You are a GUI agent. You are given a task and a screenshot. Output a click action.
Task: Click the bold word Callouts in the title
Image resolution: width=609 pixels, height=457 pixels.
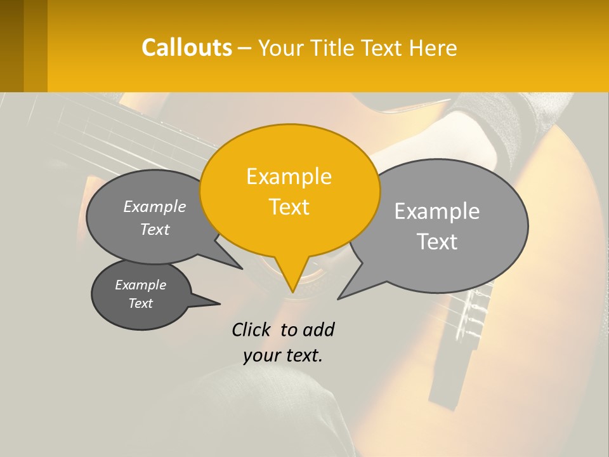[187, 48]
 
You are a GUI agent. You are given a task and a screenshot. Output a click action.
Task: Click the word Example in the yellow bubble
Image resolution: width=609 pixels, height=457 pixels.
[289, 176]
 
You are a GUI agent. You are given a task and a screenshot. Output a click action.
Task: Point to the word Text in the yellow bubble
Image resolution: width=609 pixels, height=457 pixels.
[289, 207]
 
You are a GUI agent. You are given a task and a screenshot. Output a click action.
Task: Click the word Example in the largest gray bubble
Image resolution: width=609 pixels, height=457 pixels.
[437, 211]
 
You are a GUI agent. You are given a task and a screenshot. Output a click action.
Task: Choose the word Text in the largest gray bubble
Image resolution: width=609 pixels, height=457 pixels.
[437, 242]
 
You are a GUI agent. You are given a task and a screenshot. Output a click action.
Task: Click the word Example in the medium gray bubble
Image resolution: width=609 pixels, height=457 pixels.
[155, 206]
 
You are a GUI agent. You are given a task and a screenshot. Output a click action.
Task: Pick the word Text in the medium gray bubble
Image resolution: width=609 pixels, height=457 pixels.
[155, 229]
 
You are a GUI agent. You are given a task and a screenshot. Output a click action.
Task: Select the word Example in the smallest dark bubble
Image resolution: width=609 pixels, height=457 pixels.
[140, 285]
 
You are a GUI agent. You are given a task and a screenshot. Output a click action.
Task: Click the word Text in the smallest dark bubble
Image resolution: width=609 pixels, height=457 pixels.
[140, 303]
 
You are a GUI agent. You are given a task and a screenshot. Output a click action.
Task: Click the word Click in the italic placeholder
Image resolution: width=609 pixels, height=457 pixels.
[251, 329]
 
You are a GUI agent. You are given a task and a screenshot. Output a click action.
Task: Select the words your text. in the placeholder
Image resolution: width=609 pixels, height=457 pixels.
[282, 355]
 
